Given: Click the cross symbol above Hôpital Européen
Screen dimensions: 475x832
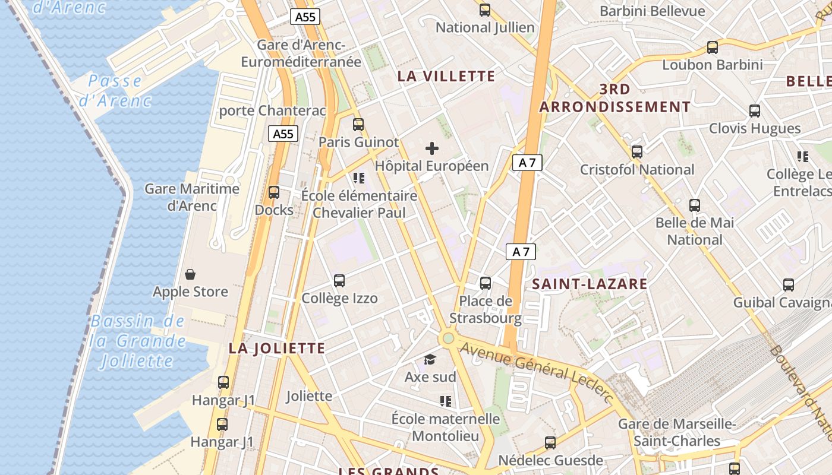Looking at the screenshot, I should click(x=432, y=148).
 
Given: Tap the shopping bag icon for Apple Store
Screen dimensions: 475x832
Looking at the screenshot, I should click(x=190, y=274).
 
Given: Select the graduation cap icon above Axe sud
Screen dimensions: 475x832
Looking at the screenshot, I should click(x=430, y=359).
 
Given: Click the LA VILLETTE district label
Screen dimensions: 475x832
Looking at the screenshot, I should click(x=446, y=76).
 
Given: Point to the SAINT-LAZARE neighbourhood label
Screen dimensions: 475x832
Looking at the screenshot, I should click(x=590, y=284).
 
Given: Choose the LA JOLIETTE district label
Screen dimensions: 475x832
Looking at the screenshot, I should click(x=277, y=349).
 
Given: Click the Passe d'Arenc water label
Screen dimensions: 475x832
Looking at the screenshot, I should click(x=115, y=90).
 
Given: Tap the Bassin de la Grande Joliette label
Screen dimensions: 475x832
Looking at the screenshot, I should click(x=138, y=341).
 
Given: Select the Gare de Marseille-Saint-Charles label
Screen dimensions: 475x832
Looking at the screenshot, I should click(x=677, y=432).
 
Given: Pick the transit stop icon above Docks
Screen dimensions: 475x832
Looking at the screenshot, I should click(x=274, y=192).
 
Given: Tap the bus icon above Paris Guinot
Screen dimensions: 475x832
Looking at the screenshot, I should click(x=358, y=125).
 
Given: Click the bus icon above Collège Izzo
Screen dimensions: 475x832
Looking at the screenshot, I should click(x=339, y=281).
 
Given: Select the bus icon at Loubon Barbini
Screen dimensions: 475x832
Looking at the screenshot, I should click(x=712, y=47).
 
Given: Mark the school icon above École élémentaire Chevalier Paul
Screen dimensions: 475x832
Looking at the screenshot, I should click(x=359, y=178).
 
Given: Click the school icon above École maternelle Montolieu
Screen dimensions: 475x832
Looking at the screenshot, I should click(x=446, y=401).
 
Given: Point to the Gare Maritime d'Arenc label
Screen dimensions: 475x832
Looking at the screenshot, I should click(x=192, y=197).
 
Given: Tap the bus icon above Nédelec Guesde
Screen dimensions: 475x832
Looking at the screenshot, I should click(x=550, y=442).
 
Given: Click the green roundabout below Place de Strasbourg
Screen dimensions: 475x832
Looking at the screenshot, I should click(x=448, y=338).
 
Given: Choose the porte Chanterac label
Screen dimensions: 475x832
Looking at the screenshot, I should click(x=273, y=110).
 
